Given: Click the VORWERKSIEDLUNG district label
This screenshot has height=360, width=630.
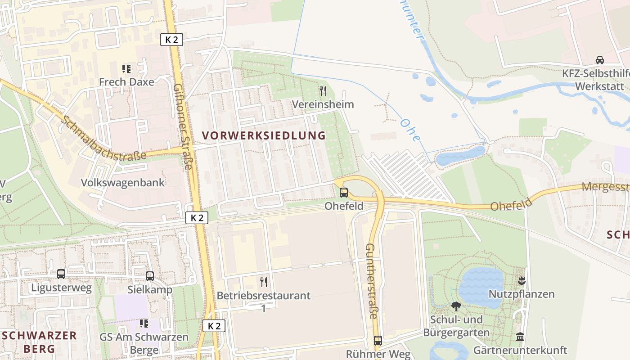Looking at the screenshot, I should click(x=264, y=135).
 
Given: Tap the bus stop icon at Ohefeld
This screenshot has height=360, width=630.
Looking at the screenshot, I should click(x=344, y=193).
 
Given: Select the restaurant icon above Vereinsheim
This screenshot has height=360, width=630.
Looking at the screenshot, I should click(x=323, y=91).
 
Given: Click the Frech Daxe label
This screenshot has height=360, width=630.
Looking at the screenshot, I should click(x=126, y=82).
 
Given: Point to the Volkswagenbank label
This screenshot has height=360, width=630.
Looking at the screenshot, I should click(x=123, y=183).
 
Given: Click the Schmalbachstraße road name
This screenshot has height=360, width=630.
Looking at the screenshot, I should click(x=104, y=139).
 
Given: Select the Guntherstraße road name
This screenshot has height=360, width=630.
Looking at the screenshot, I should click(x=371, y=281).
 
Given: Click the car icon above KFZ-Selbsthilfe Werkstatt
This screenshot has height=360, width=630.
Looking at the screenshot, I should click(x=600, y=60).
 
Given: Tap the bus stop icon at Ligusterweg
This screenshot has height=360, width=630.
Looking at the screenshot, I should click(x=61, y=274).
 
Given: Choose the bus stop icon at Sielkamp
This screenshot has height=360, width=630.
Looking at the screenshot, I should click(x=150, y=276).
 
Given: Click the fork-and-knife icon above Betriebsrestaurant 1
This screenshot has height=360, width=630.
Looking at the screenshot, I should click(x=264, y=282).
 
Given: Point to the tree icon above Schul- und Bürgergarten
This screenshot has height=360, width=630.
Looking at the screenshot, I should click(x=456, y=306).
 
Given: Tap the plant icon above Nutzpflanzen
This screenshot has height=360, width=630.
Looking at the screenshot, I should click(x=522, y=281).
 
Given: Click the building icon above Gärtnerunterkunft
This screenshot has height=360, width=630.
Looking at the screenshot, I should click(x=520, y=337).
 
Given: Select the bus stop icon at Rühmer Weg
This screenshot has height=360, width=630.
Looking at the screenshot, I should click(x=378, y=341).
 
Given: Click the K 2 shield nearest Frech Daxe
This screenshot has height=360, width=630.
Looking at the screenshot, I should click(x=171, y=40).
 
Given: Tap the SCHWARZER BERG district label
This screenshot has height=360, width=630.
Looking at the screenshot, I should click(x=39, y=342).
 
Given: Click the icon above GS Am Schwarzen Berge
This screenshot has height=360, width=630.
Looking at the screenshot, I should click(x=144, y=324).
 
